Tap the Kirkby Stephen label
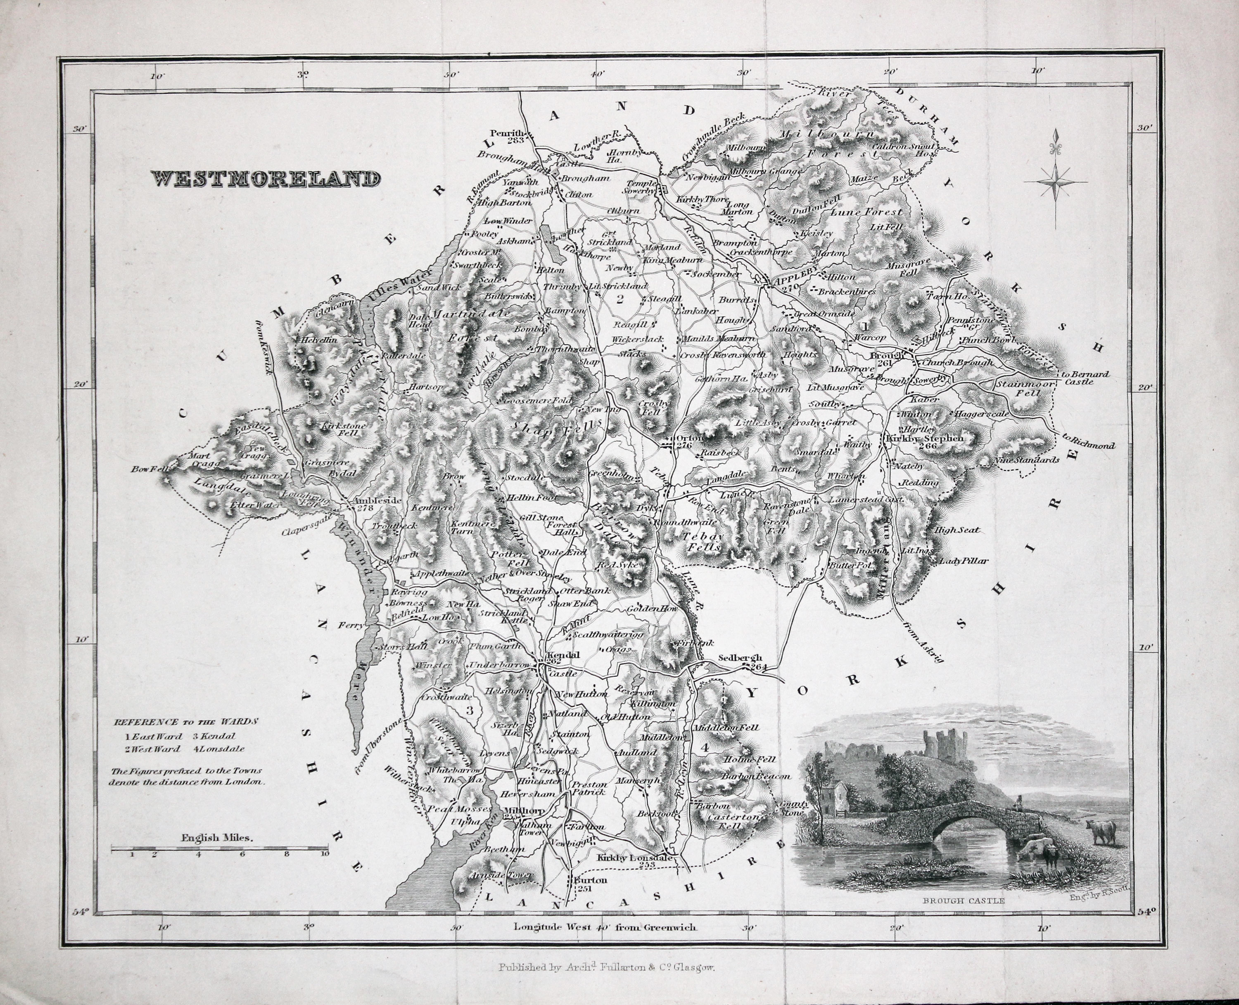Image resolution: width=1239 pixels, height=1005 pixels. pyautogui.click(x=924, y=439)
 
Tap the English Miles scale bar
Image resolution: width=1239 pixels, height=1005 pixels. pyautogui.click(x=220, y=849)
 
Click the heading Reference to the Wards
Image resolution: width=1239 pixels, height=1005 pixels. pyautogui.click(x=185, y=722)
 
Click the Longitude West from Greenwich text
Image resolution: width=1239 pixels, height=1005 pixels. pyautogui.click(x=605, y=927)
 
